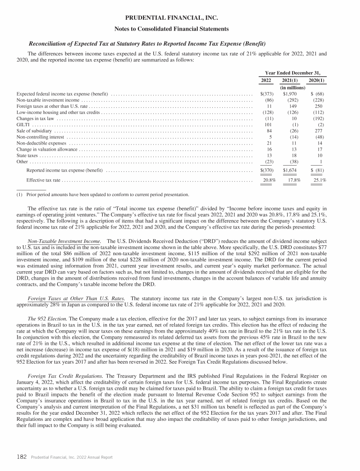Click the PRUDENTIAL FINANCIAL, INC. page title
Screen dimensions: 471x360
click(180, 18)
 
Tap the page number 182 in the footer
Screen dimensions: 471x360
click(22, 456)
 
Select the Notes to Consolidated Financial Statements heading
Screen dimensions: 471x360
click(180, 29)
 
